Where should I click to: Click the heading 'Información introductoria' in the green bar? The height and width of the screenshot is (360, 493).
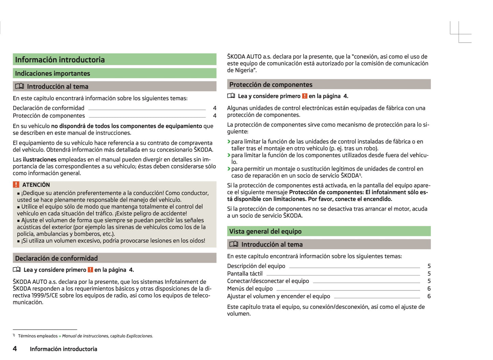coord(60,60)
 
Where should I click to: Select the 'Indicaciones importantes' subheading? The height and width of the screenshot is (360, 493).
coord(53,73)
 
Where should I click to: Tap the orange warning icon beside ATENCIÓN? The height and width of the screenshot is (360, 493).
coord(16,185)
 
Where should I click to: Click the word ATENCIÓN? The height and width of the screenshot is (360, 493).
coord(36,185)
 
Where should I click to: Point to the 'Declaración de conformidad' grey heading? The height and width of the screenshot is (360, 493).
coord(56,258)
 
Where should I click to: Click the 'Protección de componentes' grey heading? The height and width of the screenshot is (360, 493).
coord(271,85)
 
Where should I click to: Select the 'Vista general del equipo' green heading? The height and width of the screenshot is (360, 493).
coord(265,231)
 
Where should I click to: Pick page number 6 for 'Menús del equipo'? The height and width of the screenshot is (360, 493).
coord(429,289)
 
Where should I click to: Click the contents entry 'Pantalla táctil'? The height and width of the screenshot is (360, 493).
coord(245,274)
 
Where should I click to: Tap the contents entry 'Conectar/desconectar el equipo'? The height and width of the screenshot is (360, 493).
coord(268,281)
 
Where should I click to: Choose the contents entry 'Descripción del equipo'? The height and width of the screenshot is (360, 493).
coord(256,266)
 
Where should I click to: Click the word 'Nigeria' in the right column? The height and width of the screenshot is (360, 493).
coord(244,70)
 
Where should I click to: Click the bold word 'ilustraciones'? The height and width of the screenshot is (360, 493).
coord(40,160)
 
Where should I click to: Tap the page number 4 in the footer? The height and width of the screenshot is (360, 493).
coord(15,348)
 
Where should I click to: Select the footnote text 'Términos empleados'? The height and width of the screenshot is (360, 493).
coord(38,336)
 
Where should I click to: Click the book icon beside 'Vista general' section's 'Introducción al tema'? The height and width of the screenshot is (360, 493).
coord(234,244)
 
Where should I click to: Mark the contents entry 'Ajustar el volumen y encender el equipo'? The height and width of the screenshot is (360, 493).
coord(278,296)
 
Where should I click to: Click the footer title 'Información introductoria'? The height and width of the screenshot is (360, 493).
coord(63,349)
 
